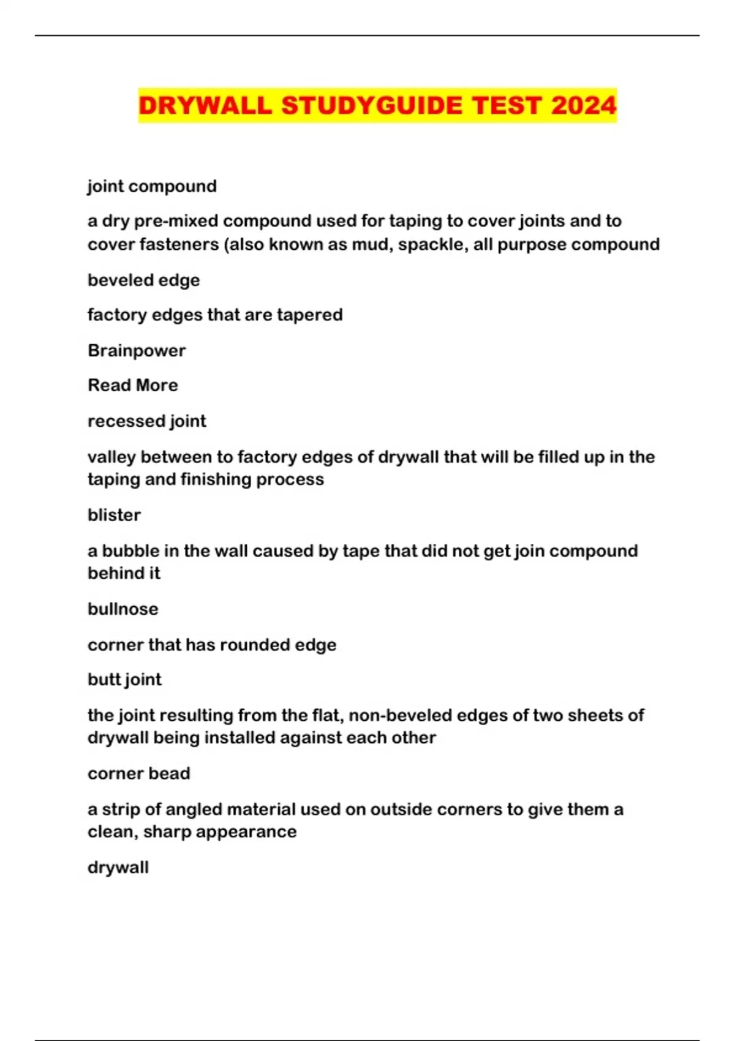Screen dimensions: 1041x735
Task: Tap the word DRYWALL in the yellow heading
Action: (x=205, y=105)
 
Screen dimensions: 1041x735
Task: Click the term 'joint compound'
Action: (x=152, y=186)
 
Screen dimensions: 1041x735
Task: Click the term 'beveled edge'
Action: (x=143, y=280)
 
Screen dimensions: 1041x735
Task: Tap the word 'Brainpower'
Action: (x=137, y=351)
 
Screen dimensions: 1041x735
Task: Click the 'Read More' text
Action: (x=133, y=385)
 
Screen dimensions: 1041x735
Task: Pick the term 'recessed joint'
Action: (x=147, y=421)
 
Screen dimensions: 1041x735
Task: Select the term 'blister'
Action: (x=114, y=515)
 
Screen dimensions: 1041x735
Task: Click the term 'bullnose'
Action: (x=123, y=609)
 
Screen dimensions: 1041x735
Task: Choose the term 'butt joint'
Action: (x=124, y=680)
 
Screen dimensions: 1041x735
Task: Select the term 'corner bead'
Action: (x=138, y=773)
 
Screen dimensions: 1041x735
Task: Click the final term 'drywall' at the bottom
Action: (x=118, y=868)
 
